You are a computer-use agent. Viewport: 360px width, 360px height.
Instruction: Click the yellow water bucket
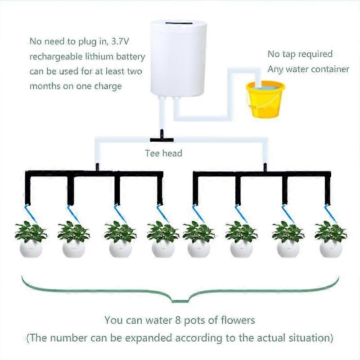(265, 100)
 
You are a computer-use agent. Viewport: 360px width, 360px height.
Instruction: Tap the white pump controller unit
(179, 58)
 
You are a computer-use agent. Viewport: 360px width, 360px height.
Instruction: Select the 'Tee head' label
(163, 153)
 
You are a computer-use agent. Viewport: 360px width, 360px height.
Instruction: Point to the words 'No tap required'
(300, 54)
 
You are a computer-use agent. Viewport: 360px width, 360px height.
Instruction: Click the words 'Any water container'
(308, 69)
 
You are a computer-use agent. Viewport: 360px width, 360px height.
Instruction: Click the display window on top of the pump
(179, 23)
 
